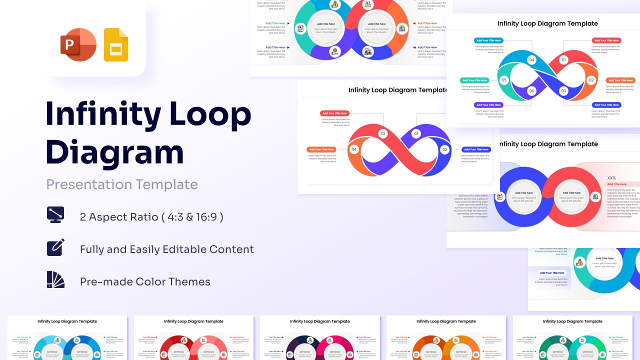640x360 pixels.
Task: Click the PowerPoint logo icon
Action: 77,45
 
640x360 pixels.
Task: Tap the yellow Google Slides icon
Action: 116,45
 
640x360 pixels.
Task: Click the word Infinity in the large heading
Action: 103,114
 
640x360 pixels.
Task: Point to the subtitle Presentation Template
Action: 122,184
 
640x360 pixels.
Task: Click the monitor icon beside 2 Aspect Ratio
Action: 55,214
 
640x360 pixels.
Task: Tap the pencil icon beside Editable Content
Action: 55,247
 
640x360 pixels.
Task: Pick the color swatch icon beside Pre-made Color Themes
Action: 55,280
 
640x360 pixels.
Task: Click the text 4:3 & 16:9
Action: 192,217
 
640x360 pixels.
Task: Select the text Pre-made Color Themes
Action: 145,281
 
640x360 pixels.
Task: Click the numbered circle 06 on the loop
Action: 531,91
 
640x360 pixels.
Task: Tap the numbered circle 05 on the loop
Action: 504,80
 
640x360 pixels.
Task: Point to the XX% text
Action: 611,178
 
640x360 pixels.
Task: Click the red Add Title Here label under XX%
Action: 617,184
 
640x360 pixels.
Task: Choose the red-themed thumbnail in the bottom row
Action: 193,337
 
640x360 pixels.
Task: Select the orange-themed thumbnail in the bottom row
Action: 446,337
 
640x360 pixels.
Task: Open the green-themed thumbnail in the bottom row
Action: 572,337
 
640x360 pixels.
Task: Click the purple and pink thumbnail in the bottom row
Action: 320,337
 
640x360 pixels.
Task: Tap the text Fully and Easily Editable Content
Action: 167,249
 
